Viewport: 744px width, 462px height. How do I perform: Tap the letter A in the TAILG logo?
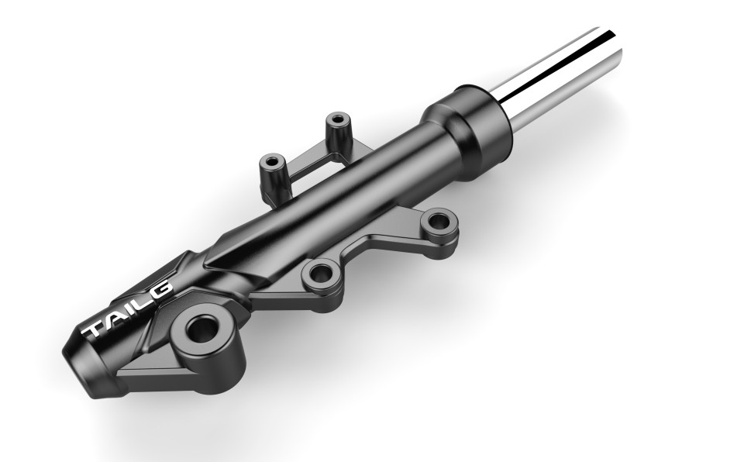[114, 316]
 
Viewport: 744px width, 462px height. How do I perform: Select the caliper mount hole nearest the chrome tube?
[438, 222]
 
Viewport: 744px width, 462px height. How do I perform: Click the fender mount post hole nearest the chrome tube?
[336, 121]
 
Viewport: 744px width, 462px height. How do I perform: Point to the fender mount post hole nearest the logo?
[272, 163]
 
